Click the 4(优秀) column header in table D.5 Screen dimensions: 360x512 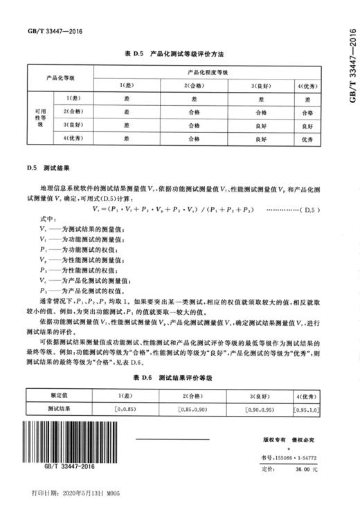[307, 84]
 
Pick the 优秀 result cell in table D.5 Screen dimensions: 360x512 [307, 138]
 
